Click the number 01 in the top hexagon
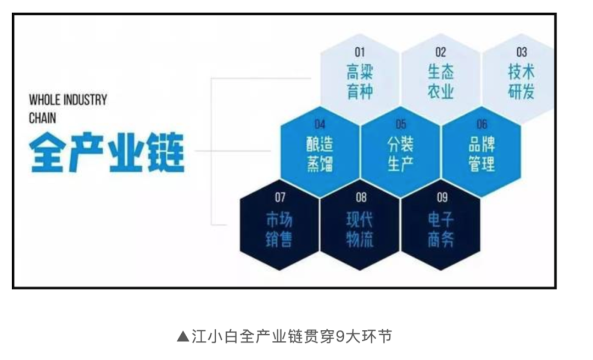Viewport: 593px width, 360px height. (360, 53)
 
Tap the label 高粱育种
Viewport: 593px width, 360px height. (360, 82)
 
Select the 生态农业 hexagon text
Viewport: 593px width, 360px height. (441, 82)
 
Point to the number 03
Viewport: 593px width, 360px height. (522, 53)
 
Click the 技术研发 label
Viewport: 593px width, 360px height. (522, 82)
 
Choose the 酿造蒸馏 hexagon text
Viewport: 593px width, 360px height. (320, 154)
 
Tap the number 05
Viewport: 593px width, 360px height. (401, 125)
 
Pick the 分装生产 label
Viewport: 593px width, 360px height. (401, 154)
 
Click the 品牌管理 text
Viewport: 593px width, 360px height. (482, 154)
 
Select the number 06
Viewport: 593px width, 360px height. (482, 125)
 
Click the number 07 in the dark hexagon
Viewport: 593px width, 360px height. (280, 197)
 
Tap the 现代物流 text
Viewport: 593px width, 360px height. (360, 230)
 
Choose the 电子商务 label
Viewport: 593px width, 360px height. (441, 230)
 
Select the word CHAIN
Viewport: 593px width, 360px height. (42, 117)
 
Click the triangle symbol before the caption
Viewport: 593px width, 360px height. (183, 336)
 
